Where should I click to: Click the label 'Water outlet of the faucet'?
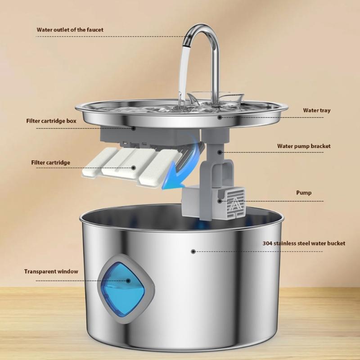[x=70, y=30]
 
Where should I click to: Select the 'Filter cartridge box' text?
[x=50, y=121]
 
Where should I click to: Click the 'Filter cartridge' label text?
[x=50, y=162]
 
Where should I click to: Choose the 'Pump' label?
[x=304, y=193]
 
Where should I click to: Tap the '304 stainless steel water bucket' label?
[x=304, y=243]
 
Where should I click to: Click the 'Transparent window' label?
[x=51, y=271]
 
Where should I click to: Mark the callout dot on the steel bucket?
[x=193, y=252]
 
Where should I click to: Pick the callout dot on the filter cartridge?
[x=134, y=168]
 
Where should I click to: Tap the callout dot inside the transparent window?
[x=128, y=280]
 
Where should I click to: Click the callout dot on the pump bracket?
[x=220, y=152]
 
